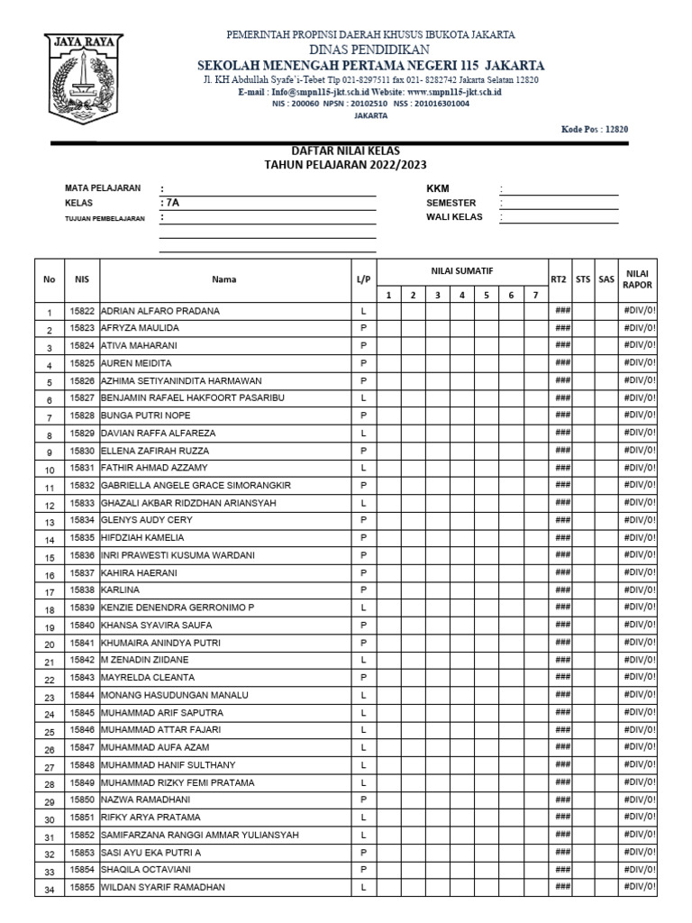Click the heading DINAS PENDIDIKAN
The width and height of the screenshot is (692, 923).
click(369, 50)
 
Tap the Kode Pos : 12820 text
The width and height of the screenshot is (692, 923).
click(594, 129)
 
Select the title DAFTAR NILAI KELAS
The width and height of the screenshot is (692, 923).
click(345, 151)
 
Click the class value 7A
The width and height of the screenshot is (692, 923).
click(171, 203)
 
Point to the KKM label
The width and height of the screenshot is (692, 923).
click(437, 188)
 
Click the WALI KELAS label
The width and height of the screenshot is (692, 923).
click(454, 217)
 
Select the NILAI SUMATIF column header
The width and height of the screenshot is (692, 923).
click(460, 270)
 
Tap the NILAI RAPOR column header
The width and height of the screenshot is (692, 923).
click(638, 279)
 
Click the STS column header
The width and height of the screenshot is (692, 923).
click(583, 279)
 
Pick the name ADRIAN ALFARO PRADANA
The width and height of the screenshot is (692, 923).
click(160, 311)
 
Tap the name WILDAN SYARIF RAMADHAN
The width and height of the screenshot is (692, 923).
click(163, 888)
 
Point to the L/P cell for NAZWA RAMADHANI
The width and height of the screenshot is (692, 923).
click(363, 800)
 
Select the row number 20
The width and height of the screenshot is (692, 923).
click(50, 644)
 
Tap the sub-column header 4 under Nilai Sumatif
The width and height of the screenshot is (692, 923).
click(460, 295)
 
